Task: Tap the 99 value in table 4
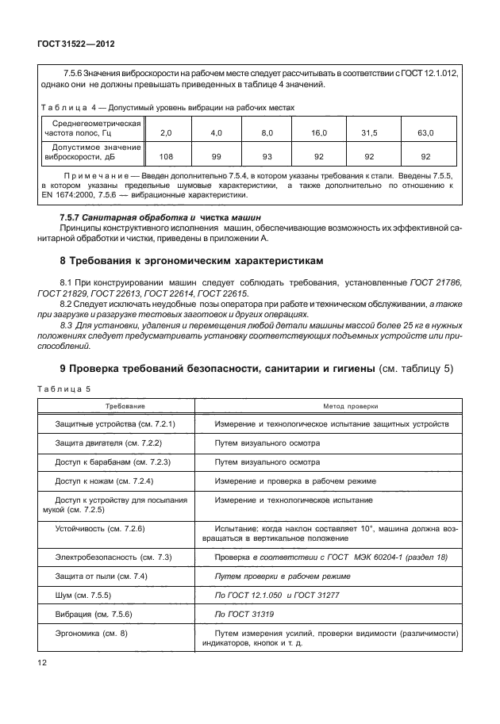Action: click(216, 157)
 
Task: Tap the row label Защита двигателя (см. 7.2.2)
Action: click(109, 442)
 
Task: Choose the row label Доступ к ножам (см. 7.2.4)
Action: click(103, 481)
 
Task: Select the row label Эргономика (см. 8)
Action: click(92, 633)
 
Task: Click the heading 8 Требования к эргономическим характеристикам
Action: click(187, 261)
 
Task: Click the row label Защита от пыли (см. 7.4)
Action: click(102, 576)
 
